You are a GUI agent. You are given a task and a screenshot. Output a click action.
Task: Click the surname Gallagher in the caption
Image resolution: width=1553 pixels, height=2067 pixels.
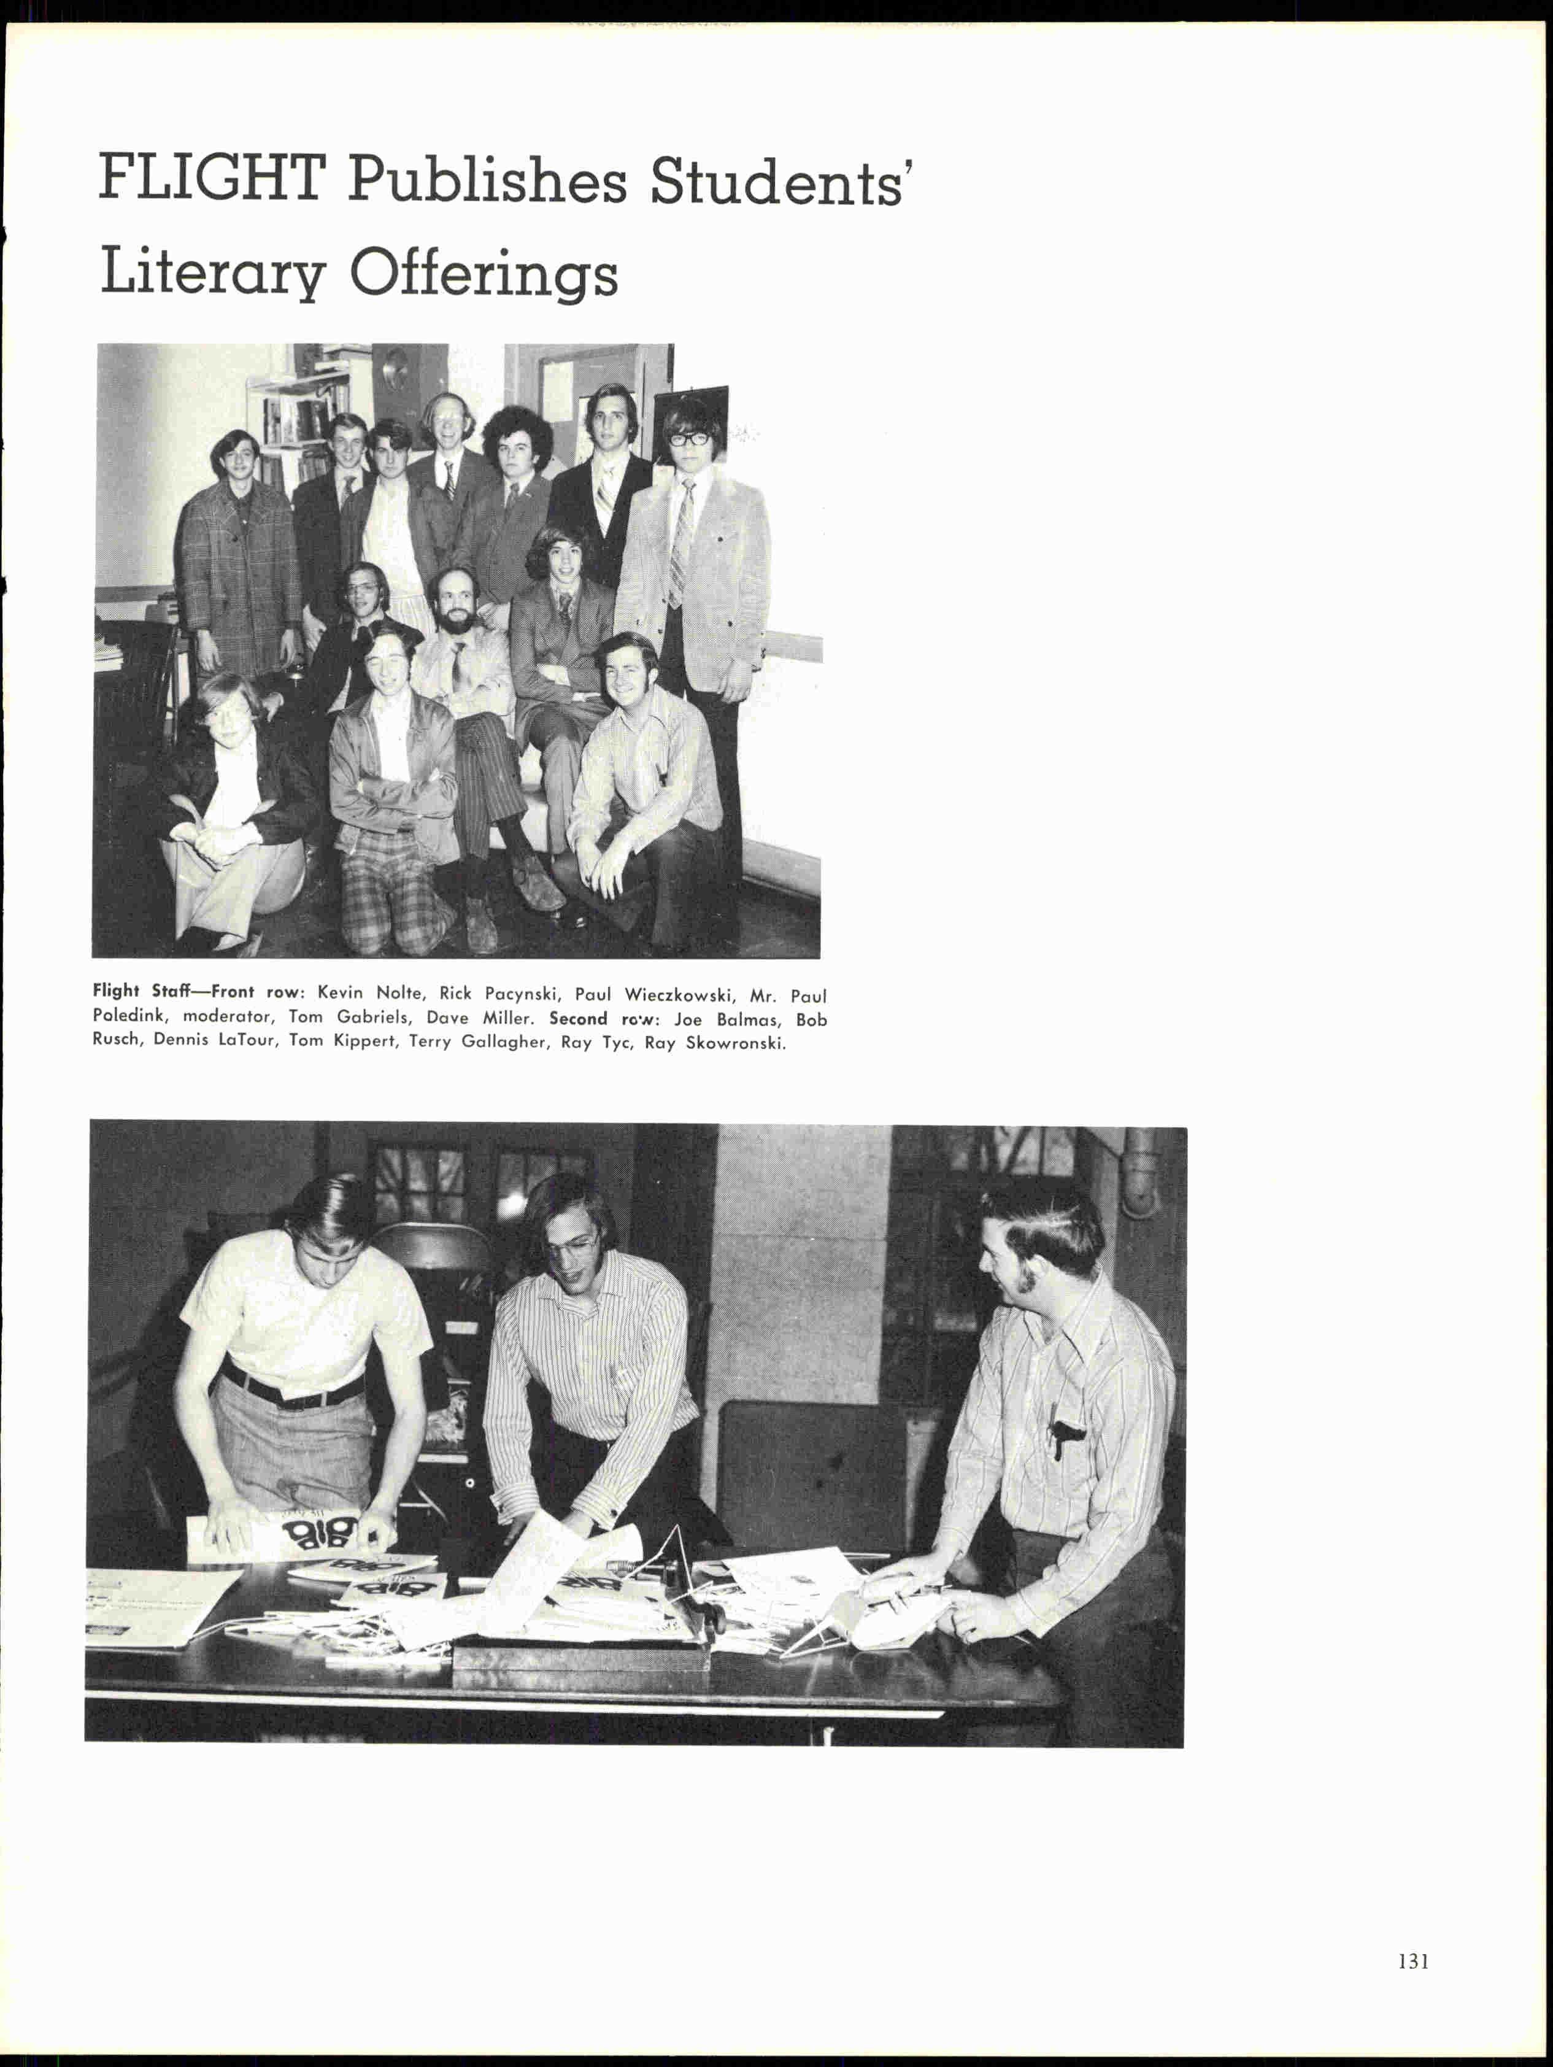point(504,1043)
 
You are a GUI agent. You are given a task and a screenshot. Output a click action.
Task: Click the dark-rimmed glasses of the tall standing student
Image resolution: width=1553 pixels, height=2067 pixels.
point(690,438)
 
